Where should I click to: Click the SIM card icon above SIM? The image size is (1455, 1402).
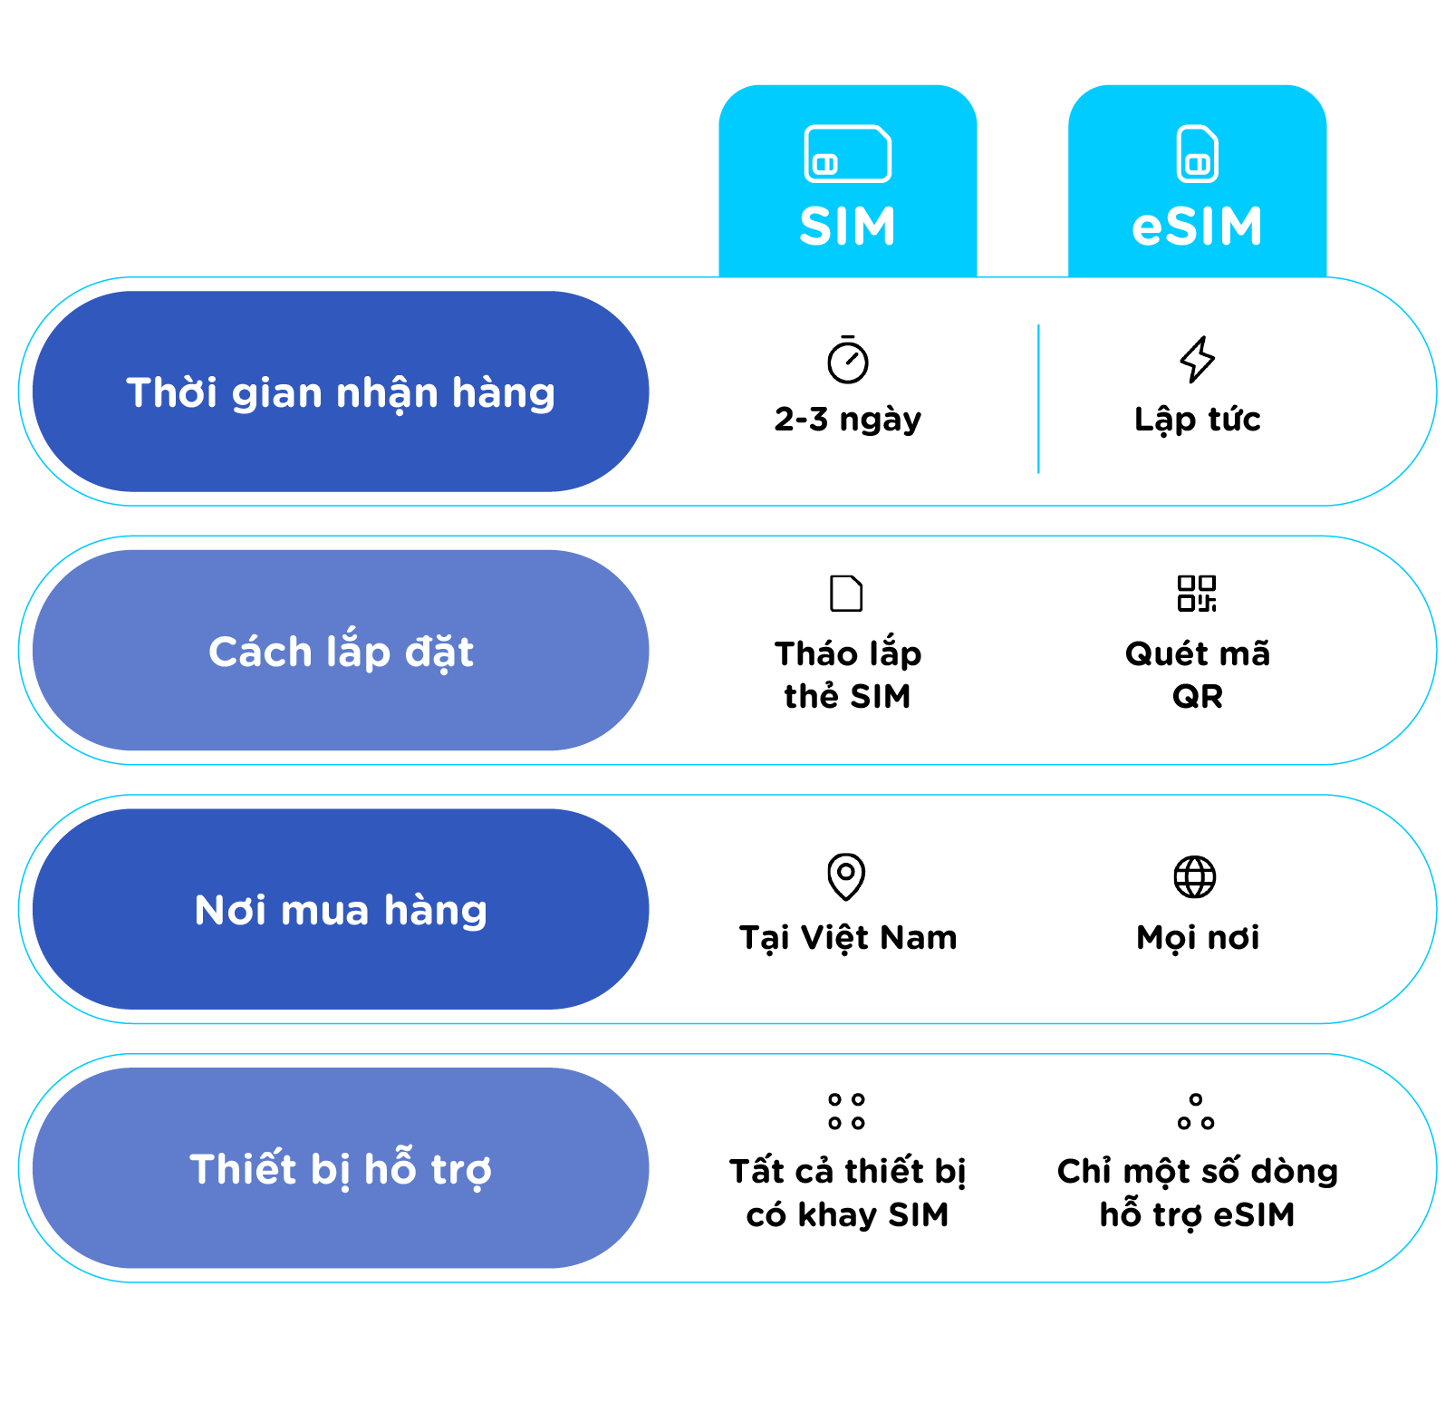[x=847, y=154]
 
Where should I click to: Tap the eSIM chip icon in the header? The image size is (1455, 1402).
[x=1197, y=154]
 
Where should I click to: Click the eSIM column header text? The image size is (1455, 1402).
[x=1197, y=226]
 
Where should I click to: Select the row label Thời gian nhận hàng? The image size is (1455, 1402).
[x=341, y=392]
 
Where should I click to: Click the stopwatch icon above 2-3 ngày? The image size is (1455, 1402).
[x=847, y=360]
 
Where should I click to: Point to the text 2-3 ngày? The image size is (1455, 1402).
[x=847, y=419]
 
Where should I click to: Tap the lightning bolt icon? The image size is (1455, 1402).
[x=1197, y=359]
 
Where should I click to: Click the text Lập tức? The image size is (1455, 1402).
[x=1197, y=419]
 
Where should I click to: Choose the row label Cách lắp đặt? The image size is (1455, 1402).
[x=341, y=651]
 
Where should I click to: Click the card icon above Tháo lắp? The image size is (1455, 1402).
[x=846, y=594]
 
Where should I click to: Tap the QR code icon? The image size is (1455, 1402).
[x=1196, y=594]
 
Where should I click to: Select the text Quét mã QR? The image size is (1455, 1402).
[x=1197, y=674]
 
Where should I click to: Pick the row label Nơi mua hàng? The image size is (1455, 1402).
[x=341, y=909]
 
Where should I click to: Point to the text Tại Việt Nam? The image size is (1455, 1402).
[x=847, y=937]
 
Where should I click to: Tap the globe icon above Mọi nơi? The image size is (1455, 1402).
[x=1195, y=876]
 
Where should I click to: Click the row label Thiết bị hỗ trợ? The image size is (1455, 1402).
[x=341, y=1168]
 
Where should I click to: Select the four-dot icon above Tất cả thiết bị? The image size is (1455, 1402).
[x=846, y=1111]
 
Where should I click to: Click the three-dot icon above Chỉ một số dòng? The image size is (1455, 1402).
[x=1196, y=1111]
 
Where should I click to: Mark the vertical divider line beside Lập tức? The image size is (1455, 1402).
[x=1038, y=399]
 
